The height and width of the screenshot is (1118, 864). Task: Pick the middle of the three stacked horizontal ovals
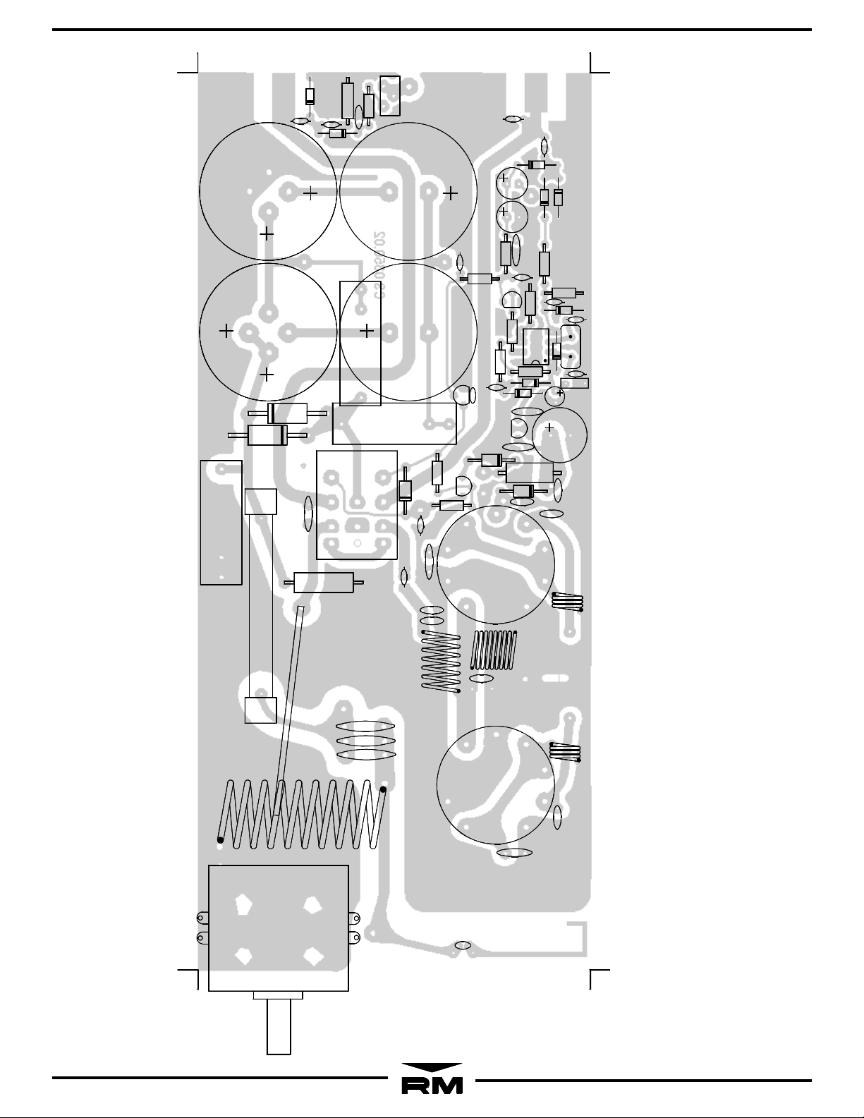365,741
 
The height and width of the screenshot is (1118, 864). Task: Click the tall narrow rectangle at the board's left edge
221,522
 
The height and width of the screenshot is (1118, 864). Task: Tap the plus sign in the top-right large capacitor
450,192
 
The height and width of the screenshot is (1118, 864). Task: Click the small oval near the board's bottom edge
463,944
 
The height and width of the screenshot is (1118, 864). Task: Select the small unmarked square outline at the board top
389,95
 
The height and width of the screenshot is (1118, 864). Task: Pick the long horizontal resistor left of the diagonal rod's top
322,583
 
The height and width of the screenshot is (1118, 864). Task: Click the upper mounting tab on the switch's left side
202,918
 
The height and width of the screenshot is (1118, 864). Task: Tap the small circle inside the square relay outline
357,543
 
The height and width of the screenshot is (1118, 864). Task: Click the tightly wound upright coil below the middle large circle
494,650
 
